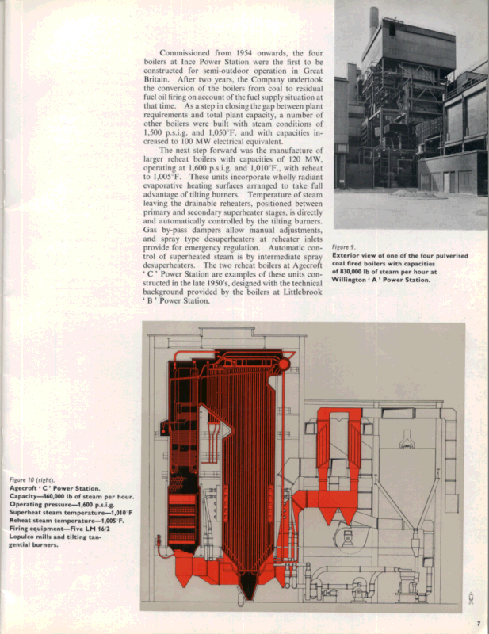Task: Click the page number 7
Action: (x=479, y=624)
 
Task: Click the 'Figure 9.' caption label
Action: (x=345, y=246)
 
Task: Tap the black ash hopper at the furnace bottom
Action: (x=249, y=585)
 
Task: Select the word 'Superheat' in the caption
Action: (x=28, y=514)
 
